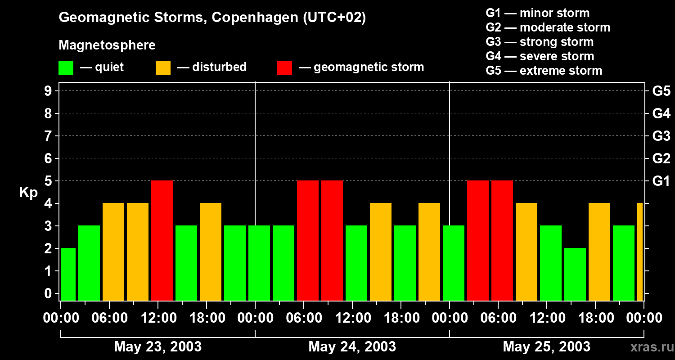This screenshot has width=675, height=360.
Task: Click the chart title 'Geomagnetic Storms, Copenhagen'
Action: click(212, 18)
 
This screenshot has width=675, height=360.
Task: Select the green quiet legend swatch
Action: click(66, 67)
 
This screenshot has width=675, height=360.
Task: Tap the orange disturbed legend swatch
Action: click(163, 67)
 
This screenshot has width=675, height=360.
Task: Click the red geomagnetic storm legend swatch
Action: click(285, 67)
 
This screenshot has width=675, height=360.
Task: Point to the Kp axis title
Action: click(28, 192)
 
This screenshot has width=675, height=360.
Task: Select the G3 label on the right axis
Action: click(661, 136)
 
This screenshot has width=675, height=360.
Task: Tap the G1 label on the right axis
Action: click(661, 181)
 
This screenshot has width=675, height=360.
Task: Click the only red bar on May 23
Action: click(162, 240)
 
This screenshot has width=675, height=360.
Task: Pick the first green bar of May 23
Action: click(68, 274)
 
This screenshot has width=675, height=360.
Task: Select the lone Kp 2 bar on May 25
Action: click(575, 274)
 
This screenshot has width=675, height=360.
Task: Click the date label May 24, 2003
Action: click(352, 346)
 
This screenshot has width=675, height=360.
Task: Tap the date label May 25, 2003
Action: click(546, 346)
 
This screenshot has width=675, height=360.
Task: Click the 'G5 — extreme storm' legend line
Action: click(544, 71)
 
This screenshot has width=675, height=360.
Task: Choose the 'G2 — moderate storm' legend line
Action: click(548, 27)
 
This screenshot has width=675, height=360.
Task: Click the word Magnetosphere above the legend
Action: click(107, 45)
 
